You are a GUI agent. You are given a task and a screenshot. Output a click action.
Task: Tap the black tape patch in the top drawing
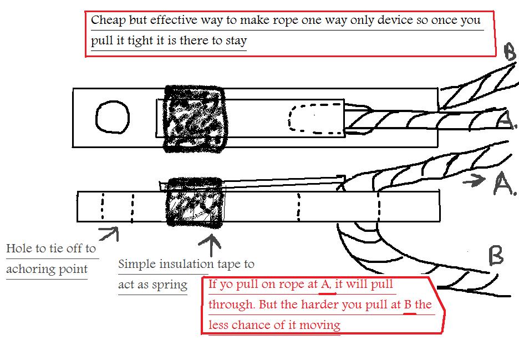(x=194, y=119)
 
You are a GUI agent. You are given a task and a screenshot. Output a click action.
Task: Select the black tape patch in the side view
(x=194, y=202)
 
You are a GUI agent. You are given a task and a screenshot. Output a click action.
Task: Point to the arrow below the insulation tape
(x=210, y=245)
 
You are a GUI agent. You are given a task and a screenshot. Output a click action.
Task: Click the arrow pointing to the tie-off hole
(x=109, y=233)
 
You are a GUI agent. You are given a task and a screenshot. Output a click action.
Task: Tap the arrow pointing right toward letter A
(x=474, y=180)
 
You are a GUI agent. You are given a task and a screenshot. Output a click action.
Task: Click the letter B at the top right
(x=510, y=52)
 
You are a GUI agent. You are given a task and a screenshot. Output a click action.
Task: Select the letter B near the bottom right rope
(x=496, y=255)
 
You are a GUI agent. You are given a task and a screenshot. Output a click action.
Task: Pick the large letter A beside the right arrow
(x=505, y=183)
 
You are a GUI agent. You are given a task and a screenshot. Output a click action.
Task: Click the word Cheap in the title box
(x=108, y=20)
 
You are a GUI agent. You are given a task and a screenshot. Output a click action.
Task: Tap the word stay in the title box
(x=236, y=40)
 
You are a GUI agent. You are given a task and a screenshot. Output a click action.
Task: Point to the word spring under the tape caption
(x=170, y=285)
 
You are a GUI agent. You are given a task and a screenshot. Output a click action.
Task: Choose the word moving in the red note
(x=320, y=325)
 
